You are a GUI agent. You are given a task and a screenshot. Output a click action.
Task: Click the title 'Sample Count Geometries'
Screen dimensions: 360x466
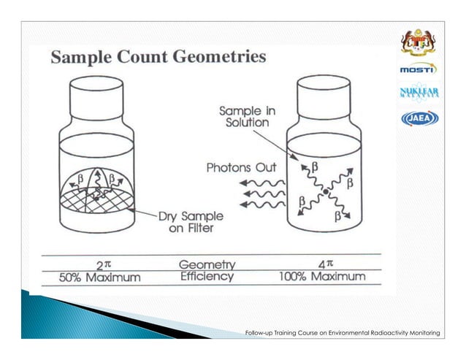click(158, 57)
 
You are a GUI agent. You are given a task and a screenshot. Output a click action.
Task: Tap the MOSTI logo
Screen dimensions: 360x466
click(417, 69)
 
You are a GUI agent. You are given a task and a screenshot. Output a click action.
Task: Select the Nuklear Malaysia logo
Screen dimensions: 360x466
click(417, 93)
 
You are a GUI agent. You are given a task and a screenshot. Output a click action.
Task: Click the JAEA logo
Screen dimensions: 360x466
click(417, 118)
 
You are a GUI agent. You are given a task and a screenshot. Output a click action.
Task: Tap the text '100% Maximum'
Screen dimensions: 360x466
click(321, 277)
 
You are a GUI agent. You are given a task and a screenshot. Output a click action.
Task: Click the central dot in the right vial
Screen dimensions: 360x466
click(325, 192)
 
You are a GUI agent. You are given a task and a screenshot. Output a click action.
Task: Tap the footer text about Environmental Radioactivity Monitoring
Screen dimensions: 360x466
click(343, 333)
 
